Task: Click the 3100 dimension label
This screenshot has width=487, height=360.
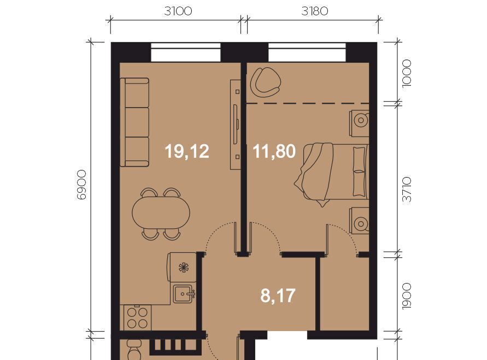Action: point(178,11)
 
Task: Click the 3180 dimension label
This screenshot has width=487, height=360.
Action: point(315,11)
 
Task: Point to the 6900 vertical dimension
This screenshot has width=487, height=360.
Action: point(81,185)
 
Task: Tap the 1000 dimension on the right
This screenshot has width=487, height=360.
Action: point(407,74)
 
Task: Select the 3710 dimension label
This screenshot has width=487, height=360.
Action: point(407,190)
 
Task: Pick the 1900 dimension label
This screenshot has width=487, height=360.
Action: point(407,296)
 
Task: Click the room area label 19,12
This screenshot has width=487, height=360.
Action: point(187,152)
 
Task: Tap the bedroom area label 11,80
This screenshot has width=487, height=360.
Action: point(274,152)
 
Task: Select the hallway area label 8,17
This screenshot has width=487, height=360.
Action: point(278,296)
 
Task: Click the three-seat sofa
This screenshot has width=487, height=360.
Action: point(134,122)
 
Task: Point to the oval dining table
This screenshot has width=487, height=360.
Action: point(161,213)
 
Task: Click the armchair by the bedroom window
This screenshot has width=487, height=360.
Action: point(266,82)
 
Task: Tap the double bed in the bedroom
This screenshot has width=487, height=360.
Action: point(331,174)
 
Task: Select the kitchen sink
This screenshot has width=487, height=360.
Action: point(184,294)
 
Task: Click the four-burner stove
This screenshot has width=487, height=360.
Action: point(137,317)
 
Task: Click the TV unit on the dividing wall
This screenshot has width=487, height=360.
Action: point(236,125)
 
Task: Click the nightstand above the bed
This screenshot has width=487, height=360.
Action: point(359,123)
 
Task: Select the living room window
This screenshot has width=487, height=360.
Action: point(186,52)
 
